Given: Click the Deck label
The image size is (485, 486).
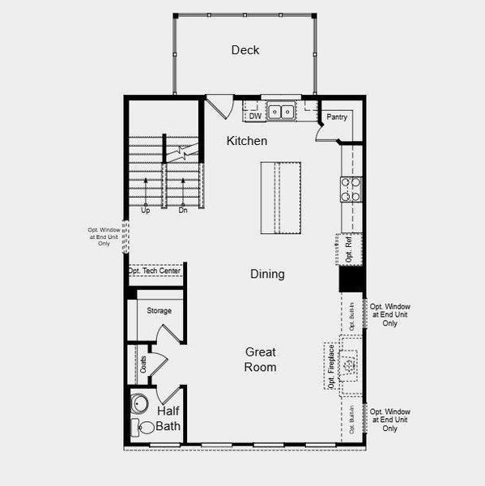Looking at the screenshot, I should click(245, 50).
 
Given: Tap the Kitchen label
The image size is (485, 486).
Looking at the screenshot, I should click(246, 141).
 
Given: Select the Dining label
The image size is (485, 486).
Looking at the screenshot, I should click(267, 274).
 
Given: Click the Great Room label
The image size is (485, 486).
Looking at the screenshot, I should click(261, 360).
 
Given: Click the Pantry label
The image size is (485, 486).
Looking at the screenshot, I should click(337, 117).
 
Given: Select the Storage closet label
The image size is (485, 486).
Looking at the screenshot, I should click(160, 311).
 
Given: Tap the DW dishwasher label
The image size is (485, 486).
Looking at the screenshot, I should click(255, 116).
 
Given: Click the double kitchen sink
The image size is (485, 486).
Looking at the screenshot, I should click(282, 112).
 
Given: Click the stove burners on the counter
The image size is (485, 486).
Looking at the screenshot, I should click(350, 189).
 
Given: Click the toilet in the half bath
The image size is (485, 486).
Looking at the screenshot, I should click(138, 432).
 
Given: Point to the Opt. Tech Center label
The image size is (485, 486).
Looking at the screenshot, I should click(155, 271).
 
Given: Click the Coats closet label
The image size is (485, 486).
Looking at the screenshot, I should click(143, 365).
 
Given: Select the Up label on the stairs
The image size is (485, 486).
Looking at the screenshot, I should click(146, 211).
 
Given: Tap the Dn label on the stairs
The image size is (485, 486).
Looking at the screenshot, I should click(183, 211).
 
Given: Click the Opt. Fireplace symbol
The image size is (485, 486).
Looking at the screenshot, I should click(350, 366).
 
